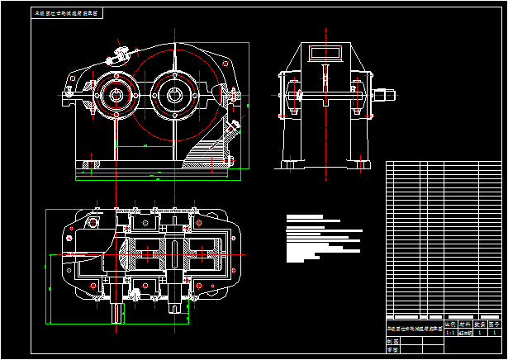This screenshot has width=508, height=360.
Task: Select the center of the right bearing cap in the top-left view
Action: click(174, 93)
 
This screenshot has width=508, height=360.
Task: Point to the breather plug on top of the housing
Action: click(121, 55)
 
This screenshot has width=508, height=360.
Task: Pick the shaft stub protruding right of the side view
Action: click(382, 94)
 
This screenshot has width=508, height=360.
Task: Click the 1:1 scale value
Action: click(450, 333)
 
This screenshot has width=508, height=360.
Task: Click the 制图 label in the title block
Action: click(391, 341)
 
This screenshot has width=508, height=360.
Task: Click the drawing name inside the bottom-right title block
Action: click(413, 329)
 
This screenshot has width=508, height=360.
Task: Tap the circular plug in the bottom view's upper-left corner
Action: click(93, 222)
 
